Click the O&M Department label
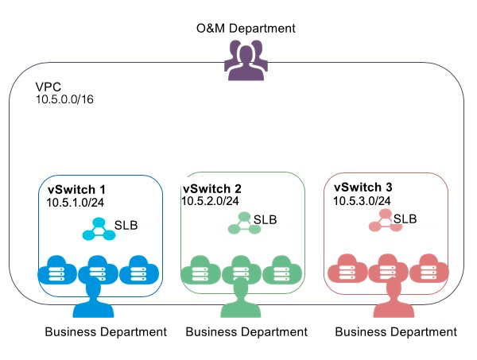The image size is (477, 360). (x=246, y=29)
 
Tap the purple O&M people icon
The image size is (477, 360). (x=245, y=60)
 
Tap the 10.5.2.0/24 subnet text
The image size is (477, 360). (x=211, y=202)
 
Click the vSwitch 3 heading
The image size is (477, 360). (x=363, y=188)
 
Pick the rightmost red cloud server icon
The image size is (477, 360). (x=429, y=269)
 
